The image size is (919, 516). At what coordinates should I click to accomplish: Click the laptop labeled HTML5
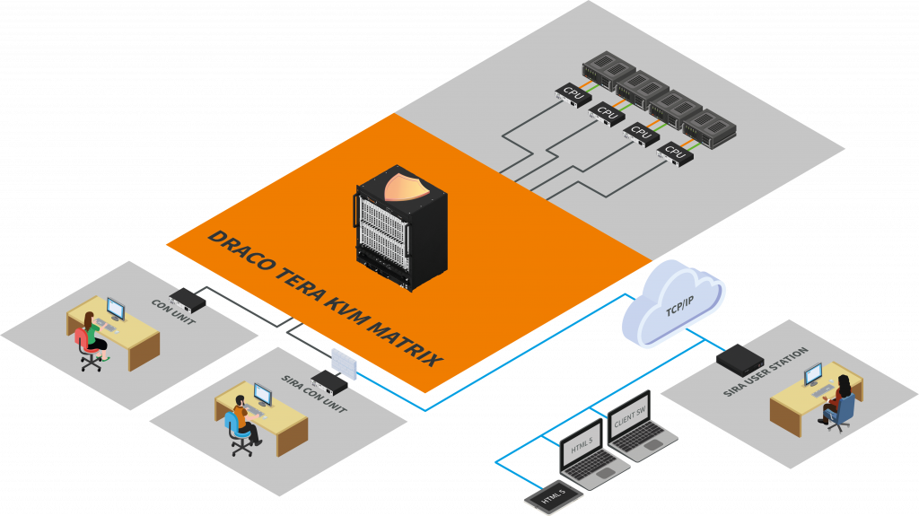[x=582, y=453]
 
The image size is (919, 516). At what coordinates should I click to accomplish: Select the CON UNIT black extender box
[x=189, y=297]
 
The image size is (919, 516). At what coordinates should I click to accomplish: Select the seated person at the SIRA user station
[x=840, y=398]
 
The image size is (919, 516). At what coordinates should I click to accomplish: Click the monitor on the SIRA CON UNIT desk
[x=263, y=394]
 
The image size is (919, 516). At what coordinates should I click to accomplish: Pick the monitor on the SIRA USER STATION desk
[x=812, y=374]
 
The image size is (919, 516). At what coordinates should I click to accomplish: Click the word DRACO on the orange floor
[x=232, y=251]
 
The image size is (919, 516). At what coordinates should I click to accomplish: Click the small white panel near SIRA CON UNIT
[x=345, y=361]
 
